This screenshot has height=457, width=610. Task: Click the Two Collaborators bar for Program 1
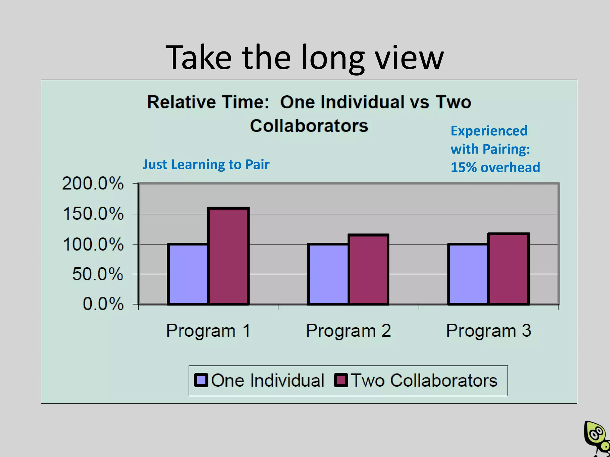pos(228,256)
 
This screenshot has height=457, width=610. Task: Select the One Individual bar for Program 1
pos(188,274)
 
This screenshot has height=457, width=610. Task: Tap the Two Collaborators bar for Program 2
pos(368,269)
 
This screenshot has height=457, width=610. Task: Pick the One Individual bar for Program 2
pos(328,274)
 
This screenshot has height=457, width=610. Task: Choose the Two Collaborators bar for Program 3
pos(509,269)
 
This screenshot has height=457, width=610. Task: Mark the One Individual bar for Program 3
pos(468,274)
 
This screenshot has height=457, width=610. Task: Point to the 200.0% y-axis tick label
pos(93,183)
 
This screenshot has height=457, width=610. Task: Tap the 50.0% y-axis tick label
pos(98,274)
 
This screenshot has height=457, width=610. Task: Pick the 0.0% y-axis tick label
pos(103,304)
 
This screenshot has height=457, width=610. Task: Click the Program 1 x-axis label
pos(208,331)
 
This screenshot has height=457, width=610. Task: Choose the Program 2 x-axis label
pos(348,331)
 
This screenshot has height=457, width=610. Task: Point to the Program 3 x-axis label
pos(488,331)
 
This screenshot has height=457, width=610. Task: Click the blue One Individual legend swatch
pos(201,380)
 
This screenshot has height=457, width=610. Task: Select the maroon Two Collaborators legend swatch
pos(341,380)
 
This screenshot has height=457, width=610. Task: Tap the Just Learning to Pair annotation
pos(206,165)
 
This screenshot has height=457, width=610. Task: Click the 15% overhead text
pos(495,167)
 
